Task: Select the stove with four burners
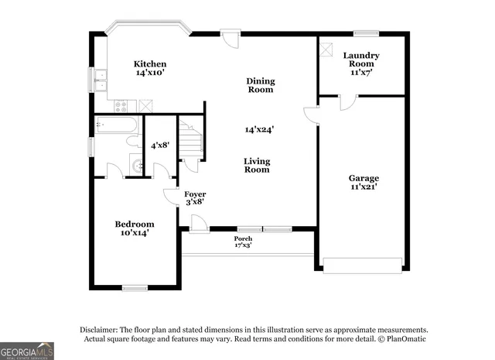click(122, 105)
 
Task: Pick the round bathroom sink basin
click(137, 165)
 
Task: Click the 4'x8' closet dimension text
click(160, 145)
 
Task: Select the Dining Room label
click(260, 85)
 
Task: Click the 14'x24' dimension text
click(260, 129)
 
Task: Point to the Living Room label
click(257, 165)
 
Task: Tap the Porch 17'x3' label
click(243, 242)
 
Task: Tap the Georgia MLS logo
click(27, 351)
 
